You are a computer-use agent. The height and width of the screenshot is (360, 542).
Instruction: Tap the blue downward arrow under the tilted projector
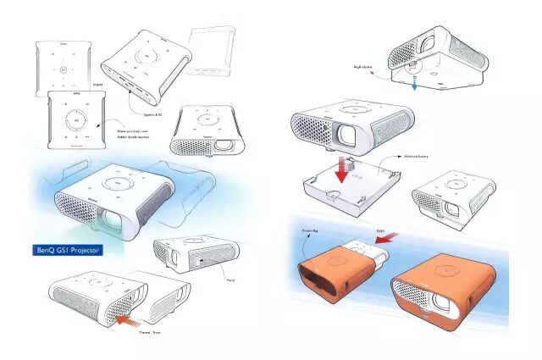pos(415,83)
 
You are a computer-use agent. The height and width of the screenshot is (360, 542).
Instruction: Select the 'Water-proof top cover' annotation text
pos(122,133)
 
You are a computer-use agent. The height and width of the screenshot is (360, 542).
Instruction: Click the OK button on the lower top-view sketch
pos(76,121)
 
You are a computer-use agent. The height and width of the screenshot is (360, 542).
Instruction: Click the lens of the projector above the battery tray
pos(347,134)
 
